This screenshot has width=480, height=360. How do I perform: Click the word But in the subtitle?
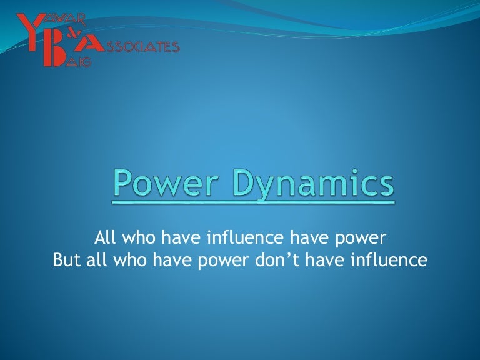click(67, 260)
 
